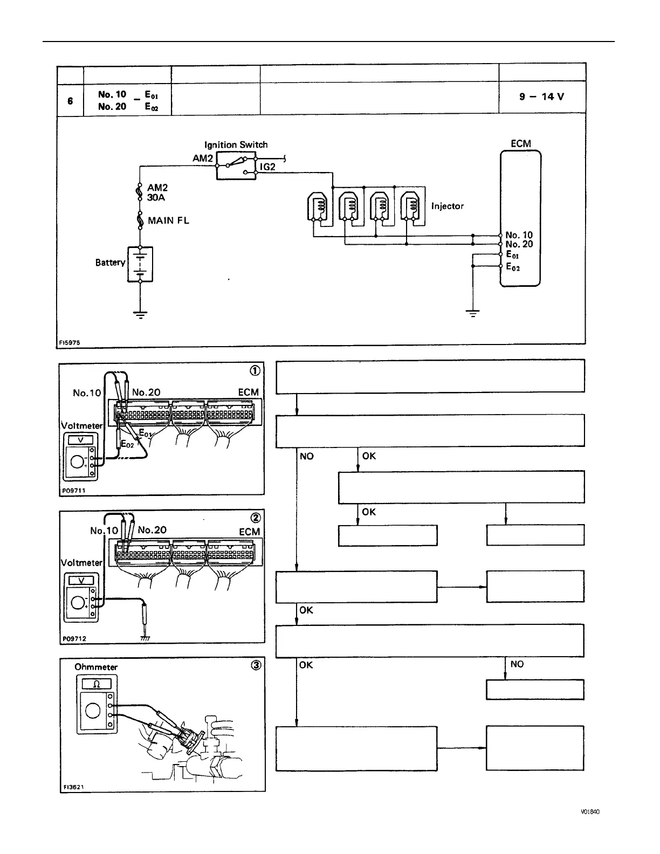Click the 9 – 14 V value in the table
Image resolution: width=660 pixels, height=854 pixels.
click(x=541, y=97)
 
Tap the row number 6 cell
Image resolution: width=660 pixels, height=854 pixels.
click(x=70, y=100)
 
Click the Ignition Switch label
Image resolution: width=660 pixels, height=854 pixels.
click(x=236, y=144)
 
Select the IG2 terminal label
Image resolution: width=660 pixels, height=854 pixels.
click(x=267, y=167)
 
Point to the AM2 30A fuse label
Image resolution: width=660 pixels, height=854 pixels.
click(x=157, y=192)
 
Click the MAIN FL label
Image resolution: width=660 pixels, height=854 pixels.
click(x=168, y=220)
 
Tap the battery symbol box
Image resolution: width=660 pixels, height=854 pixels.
click(x=140, y=264)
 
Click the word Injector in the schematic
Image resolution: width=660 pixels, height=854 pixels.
click(x=447, y=206)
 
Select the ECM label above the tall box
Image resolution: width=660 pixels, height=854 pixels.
click(x=520, y=143)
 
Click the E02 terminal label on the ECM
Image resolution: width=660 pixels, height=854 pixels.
click(x=513, y=267)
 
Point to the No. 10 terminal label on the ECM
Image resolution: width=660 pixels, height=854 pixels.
click(x=519, y=235)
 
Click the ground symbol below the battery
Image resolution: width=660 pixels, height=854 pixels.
click(x=140, y=315)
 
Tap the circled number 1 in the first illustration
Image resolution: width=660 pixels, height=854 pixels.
click(x=255, y=370)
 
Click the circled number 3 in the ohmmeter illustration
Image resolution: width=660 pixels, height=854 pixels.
click(x=256, y=665)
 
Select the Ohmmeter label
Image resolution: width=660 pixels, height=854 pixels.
click(x=96, y=667)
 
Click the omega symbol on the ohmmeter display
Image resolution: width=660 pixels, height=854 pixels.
click(x=97, y=684)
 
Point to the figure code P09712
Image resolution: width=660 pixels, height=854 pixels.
click(x=74, y=638)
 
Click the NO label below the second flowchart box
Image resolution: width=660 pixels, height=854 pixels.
click(x=306, y=456)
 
